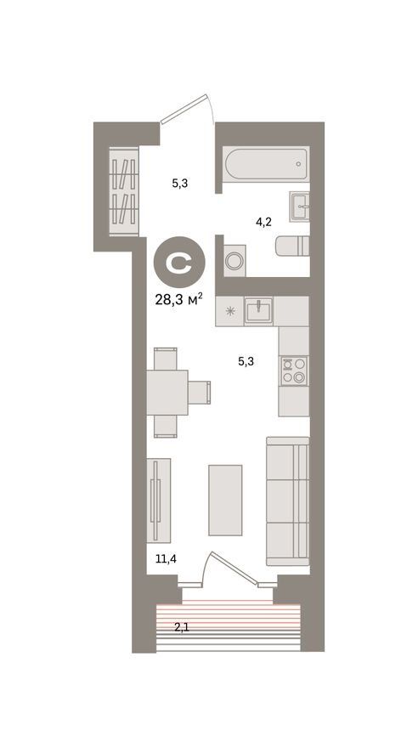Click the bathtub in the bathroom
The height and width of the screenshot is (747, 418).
click(x=266, y=164)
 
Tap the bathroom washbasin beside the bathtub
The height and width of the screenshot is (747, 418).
click(x=299, y=207)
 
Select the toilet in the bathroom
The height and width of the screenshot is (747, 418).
click(x=292, y=246)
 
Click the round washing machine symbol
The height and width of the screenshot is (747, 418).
click(x=234, y=261)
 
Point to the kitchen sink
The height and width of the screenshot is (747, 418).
click(x=258, y=311)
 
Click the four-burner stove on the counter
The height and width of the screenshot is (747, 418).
click(x=294, y=371)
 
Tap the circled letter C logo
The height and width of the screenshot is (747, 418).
click(x=179, y=262)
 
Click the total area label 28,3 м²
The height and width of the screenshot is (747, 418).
click(x=179, y=299)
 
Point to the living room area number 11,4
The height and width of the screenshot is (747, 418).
click(x=167, y=558)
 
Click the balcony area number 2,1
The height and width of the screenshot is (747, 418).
click(x=182, y=627)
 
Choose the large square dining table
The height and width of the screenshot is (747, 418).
click(x=167, y=393)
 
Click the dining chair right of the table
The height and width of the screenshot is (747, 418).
click(x=199, y=392)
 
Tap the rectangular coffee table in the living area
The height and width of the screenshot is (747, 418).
click(x=225, y=501)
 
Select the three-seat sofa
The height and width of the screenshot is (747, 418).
click(x=287, y=501)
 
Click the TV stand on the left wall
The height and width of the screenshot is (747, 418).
click(x=159, y=501)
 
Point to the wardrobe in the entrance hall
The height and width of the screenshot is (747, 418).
click(x=124, y=191)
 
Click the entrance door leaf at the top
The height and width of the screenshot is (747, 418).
click(x=184, y=108)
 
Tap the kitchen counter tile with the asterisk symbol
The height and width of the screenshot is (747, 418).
click(x=230, y=312)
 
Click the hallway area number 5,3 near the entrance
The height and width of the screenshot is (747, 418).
click(x=180, y=183)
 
